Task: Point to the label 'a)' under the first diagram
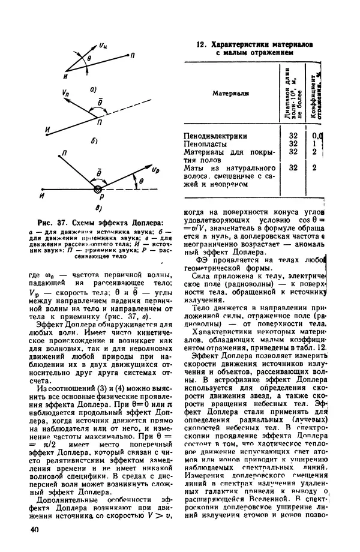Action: click(93, 89)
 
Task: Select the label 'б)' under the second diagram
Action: click(94, 142)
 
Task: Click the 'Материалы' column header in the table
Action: click(230, 93)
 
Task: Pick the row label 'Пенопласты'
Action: click(204, 144)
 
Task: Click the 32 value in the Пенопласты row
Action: click(293, 144)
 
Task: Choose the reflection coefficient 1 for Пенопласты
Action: click(314, 144)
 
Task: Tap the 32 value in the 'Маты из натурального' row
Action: click(293, 169)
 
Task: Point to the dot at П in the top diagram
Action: click(127, 55)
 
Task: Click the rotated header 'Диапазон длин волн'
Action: click(293, 93)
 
